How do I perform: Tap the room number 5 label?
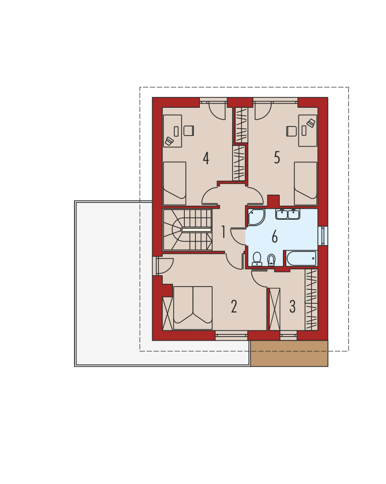click(277, 157)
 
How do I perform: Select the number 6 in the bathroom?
click(274, 237)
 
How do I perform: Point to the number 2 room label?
click(234, 307)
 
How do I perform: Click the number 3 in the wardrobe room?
click(292, 307)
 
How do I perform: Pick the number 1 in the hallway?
click(223, 232)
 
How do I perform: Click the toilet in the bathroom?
click(257, 259)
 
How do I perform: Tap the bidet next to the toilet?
click(271, 260)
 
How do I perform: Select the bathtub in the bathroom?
click(301, 258)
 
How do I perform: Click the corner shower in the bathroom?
click(256, 217)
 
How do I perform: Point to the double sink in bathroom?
click(288, 214)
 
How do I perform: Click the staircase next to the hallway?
click(187, 230)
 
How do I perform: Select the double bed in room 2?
click(193, 308)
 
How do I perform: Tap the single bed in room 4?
click(174, 183)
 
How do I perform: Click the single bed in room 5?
click(306, 183)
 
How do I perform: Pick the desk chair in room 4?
click(189, 131)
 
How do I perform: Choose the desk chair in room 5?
click(292, 131)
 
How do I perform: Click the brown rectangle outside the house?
click(289, 353)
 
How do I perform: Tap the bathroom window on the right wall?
click(323, 236)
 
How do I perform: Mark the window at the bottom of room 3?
click(288, 336)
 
